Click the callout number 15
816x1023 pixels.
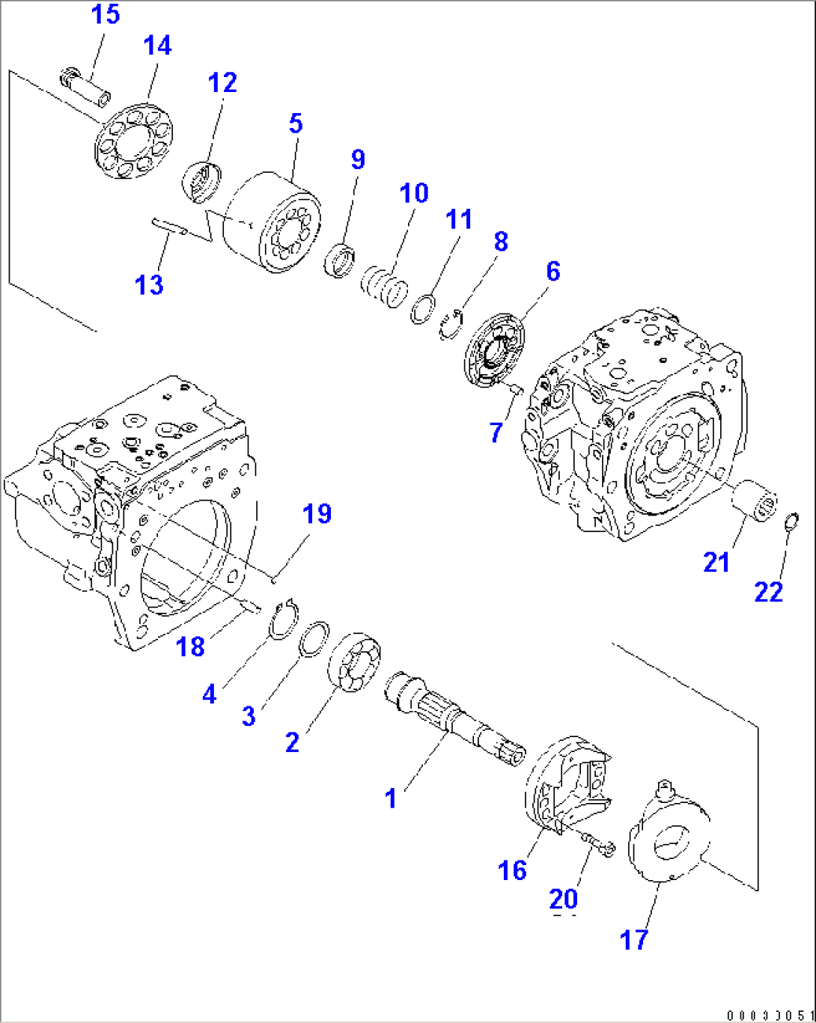point(106,13)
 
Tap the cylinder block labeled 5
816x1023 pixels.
point(273,222)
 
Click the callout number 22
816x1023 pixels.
point(768,592)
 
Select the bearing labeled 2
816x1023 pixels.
point(355,662)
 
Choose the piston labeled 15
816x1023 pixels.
point(86,86)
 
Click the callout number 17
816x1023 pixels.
point(634,939)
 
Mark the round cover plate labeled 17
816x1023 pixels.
point(670,841)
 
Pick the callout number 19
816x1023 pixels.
point(317,513)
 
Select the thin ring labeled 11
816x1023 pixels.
point(423,308)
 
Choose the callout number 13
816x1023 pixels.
point(148,284)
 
